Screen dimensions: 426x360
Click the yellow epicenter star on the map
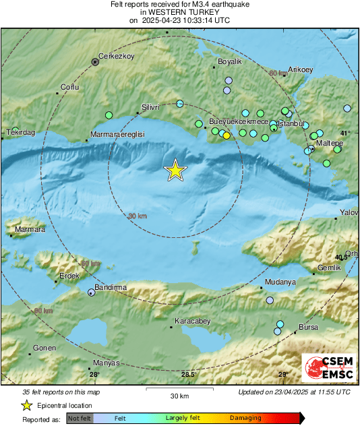175,171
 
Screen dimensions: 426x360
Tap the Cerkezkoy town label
113,56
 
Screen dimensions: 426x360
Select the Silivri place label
150,107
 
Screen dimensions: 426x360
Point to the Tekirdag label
20,133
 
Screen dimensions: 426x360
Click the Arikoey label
300,69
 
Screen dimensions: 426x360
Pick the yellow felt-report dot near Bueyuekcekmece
227,135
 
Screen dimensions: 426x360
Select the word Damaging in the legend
245,418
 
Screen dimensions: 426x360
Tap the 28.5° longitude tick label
188,374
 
